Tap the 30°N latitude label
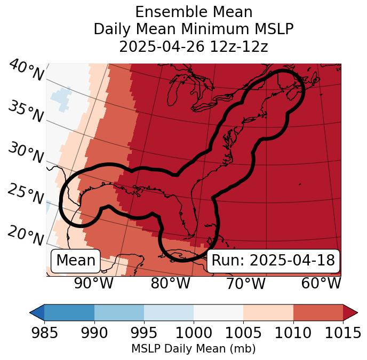point(26,153)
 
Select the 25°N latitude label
point(26,194)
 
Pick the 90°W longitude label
point(94,283)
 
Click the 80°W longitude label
point(170,283)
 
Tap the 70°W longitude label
point(246,283)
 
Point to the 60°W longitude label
point(321,283)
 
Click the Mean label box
point(76,261)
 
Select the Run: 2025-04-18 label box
point(273,261)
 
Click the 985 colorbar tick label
point(44,333)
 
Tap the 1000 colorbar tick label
point(194,333)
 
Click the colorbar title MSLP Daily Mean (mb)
point(193,349)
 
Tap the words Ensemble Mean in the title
point(194,12)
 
